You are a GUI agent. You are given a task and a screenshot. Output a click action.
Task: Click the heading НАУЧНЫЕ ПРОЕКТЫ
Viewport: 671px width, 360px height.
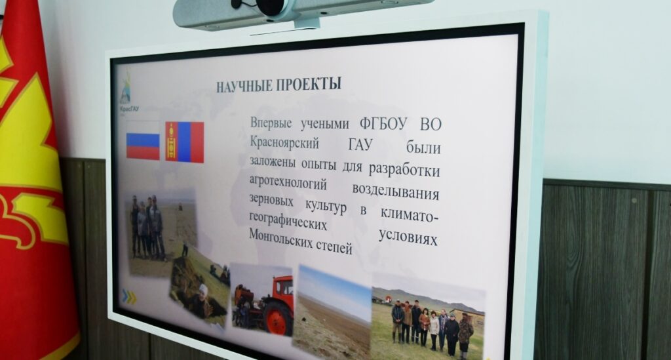point(278,85)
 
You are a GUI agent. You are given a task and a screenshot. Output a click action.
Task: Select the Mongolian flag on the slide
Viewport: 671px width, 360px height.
point(184,142)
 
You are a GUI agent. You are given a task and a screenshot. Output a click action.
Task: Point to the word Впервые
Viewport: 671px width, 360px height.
point(271,123)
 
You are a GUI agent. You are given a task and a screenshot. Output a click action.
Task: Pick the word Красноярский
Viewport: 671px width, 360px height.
point(284,142)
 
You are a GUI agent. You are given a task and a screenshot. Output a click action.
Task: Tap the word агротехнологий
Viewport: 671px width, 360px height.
point(288,182)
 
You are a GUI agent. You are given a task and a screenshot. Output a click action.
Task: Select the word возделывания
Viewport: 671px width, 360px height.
point(395,191)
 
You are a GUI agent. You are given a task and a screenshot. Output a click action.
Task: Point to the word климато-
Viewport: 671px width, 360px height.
point(409,214)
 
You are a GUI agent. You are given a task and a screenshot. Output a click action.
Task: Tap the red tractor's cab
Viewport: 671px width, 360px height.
point(283,287)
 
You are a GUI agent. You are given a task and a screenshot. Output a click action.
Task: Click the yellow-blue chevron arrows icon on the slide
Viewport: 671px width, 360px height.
point(129,296)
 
